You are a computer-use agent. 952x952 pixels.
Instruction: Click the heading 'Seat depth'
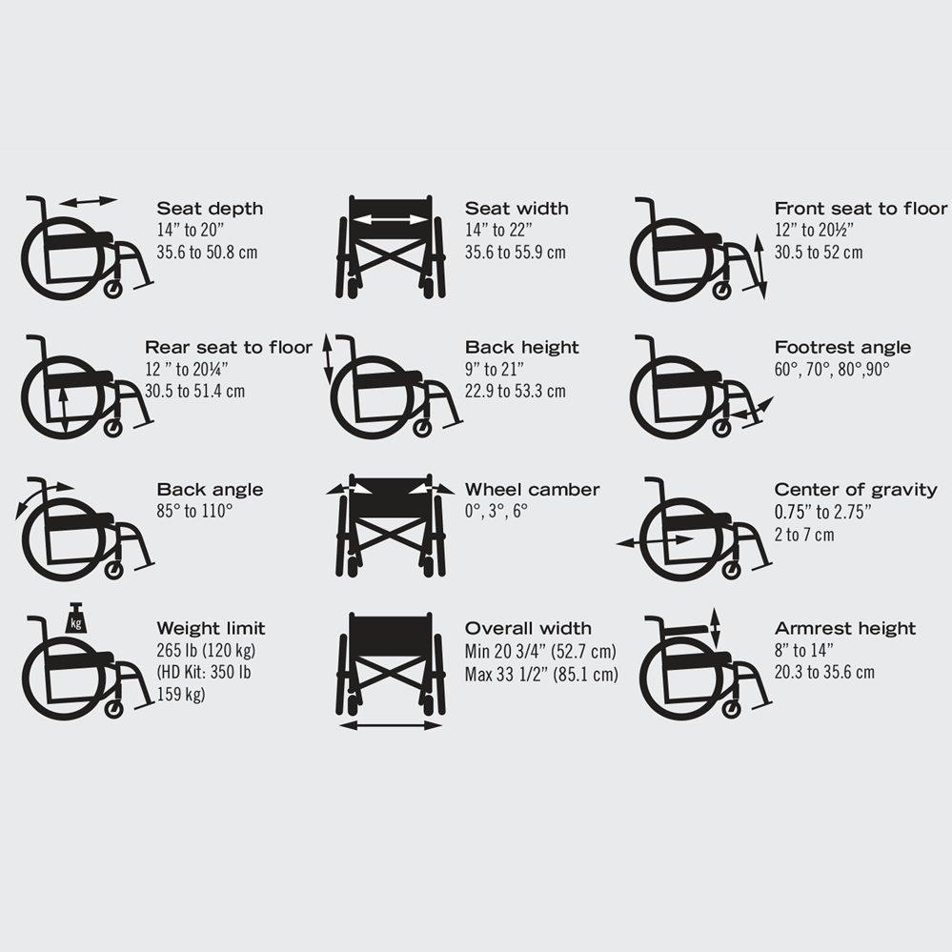[x=210, y=209]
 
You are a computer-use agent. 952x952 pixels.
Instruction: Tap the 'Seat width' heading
[x=517, y=209]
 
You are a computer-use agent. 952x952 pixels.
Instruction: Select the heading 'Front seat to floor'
[x=861, y=209]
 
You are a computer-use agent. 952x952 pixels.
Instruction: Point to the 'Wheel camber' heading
[x=532, y=490]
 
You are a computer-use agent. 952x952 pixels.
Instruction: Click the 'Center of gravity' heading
[x=856, y=490]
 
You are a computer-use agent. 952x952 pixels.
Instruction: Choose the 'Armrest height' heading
[x=844, y=629]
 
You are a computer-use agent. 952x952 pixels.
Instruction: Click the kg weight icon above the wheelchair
[x=76, y=619]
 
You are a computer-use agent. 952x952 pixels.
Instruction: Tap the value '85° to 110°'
[x=194, y=512]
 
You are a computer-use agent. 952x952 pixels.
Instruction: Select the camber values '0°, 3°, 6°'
[x=496, y=512]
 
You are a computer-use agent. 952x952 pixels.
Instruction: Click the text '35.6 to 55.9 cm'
[x=515, y=253]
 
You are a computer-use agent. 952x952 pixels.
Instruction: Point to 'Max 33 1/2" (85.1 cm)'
[x=541, y=675]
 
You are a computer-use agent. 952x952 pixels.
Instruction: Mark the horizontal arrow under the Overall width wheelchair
[x=391, y=726]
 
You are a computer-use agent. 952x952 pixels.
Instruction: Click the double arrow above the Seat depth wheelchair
[x=88, y=201]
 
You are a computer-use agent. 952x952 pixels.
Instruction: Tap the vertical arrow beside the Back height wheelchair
[x=328, y=358]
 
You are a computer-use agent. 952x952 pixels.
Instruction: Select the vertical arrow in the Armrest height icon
[x=716, y=629]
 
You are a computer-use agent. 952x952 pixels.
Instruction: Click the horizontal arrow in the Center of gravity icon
[x=655, y=541]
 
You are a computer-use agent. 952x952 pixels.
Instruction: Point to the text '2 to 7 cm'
[x=804, y=535]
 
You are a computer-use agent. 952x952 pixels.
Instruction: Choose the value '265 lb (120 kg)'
[x=206, y=652]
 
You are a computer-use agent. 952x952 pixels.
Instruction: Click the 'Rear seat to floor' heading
[x=229, y=348]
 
